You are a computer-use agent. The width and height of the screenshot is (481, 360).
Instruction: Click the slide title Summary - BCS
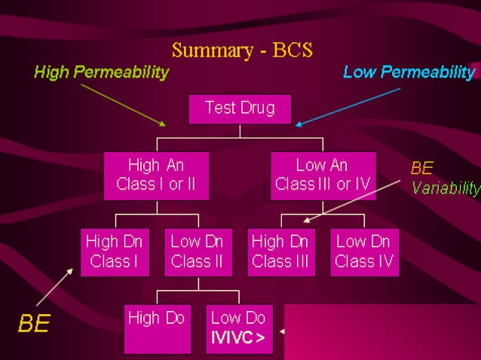242,50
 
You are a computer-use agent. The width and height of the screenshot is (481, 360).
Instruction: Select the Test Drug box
240,108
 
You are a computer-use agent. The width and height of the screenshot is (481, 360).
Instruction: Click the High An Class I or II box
156,175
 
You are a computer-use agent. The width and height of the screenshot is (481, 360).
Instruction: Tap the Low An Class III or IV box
323,175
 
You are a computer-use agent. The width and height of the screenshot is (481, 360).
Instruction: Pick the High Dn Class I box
114,252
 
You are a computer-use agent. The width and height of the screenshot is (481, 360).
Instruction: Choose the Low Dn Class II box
198,252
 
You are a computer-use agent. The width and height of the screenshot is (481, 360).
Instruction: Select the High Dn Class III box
280,252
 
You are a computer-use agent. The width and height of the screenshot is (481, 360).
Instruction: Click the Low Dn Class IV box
364,252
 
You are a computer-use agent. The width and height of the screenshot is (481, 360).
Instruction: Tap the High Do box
156,328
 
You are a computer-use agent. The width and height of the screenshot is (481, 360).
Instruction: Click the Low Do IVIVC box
239,328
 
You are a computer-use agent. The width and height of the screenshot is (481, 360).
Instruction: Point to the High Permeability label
101,72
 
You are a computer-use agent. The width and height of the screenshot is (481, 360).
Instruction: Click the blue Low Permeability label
409,72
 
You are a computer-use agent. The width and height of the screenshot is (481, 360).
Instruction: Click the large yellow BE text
34,324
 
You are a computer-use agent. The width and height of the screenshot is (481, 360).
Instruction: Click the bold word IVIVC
237,338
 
